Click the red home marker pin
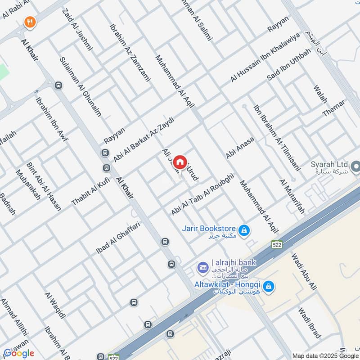tap(180, 162)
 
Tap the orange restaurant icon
tap(30, 22)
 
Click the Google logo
tap(19, 353)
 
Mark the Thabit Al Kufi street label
tap(90, 191)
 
